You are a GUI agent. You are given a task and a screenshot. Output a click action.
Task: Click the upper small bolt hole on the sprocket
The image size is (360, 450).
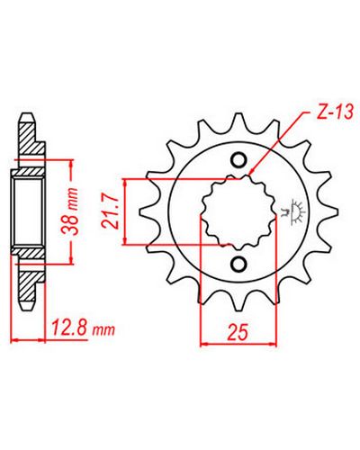(x=239, y=161)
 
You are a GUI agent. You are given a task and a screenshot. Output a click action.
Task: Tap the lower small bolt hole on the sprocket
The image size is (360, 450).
(x=240, y=264)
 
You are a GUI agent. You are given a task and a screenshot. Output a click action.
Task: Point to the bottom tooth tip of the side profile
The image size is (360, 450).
(x=26, y=308)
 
